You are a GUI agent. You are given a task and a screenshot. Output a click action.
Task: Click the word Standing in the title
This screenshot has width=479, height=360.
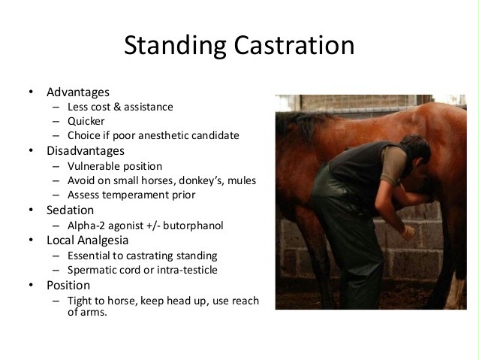(x=175, y=46)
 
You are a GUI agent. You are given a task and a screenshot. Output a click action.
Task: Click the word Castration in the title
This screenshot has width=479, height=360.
(x=294, y=45)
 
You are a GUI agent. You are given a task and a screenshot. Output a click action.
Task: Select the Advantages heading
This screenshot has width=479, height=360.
(x=78, y=92)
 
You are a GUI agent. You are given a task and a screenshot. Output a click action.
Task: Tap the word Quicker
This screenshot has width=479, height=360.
(x=86, y=122)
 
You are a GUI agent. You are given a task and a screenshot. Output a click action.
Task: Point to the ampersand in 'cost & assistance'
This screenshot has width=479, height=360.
(x=117, y=107)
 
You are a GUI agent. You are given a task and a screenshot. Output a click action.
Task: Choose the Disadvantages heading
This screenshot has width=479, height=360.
(x=86, y=151)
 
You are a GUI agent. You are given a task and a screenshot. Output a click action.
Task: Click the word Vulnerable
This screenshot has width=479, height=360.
(x=89, y=166)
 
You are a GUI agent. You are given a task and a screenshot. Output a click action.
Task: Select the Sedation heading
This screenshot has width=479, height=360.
(x=71, y=210)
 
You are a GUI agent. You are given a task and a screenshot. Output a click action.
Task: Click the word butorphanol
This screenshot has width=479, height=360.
(x=193, y=225)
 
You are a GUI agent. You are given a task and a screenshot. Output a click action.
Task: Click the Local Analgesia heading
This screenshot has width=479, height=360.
(x=87, y=241)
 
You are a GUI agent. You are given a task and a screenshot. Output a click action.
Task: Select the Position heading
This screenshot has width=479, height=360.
(x=68, y=286)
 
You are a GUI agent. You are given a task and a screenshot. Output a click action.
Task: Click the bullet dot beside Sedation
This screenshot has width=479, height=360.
(x=31, y=210)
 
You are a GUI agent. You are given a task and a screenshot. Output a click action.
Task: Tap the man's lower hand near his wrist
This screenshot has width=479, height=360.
(x=407, y=231)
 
